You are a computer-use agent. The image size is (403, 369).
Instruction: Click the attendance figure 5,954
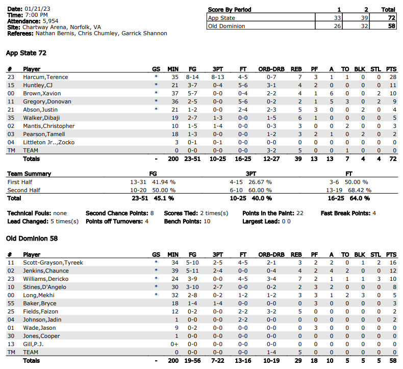tap(51, 21)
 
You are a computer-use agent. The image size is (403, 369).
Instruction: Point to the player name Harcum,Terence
tap(45, 77)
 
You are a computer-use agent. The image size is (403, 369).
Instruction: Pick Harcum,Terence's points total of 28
tap(392, 77)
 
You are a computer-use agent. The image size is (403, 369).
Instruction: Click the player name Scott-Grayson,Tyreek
tap(53, 262)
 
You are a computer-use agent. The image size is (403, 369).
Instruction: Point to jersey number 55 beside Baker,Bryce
tap(10, 303)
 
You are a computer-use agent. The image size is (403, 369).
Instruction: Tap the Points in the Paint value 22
tap(299, 213)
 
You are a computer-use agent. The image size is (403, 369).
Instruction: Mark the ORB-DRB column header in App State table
tap(271, 69)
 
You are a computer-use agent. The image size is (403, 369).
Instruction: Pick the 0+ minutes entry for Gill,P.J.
tap(174, 344)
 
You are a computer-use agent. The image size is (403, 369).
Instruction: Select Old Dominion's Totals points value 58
tap(392, 360)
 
